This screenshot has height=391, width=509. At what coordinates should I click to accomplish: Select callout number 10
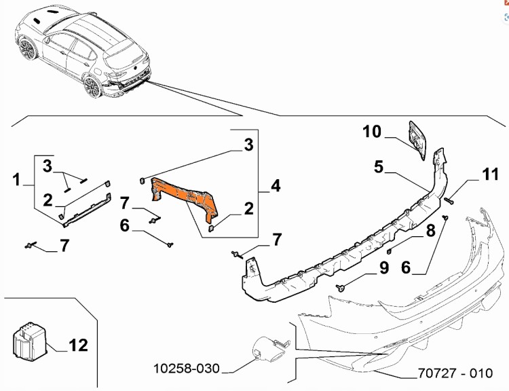(x=372, y=131)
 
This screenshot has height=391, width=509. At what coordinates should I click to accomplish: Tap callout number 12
(x=78, y=345)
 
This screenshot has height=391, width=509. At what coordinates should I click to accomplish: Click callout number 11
(x=490, y=175)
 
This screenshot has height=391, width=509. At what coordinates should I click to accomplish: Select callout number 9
(x=383, y=268)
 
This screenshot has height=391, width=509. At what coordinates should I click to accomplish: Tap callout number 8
(x=430, y=231)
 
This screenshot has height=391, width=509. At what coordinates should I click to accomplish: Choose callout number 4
(x=276, y=185)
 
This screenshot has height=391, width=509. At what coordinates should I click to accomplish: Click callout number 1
(x=15, y=180)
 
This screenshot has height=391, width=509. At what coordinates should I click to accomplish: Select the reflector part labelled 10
(x=417, y=141)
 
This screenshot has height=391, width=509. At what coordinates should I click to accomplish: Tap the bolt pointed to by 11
(x=450, y=200)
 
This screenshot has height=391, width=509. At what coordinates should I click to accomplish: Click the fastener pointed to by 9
(x=339, y=288)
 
